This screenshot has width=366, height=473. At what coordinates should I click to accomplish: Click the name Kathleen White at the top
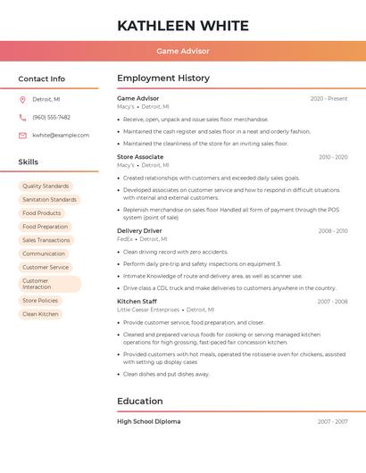(x=183, y=25)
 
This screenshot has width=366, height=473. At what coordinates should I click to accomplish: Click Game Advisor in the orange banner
(x=183, y=51)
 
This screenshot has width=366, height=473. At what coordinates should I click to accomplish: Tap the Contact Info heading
(x=42, y=79)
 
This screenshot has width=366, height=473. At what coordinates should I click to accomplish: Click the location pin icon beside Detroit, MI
(x=22, y=99)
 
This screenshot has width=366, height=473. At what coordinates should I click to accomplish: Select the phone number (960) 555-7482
(x=51, y=117)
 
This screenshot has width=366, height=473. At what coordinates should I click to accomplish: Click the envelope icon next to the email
(x=22, y=136)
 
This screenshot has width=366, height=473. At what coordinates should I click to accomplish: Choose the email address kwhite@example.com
(x=61, y=136)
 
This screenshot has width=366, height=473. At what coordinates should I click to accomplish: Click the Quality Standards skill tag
(x=46, y=187)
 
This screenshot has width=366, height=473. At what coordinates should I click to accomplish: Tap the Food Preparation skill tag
(x=46, y=227)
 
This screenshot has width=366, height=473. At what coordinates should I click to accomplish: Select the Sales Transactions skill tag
(x=46, y=240)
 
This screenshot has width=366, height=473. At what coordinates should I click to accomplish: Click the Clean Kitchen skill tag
(x=40, y=314)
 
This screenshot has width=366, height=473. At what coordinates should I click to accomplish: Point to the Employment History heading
(x=163, y=79)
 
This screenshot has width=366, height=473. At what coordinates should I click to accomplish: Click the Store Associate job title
(x=140, y=157)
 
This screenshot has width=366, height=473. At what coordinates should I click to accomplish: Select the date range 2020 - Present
(x=329, y=99)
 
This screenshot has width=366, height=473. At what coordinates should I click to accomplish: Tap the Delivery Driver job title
(x=140, y=231)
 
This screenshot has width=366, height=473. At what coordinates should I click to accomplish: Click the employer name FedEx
(x=125, y=239)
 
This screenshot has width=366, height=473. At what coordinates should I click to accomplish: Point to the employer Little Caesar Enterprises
(x=148, y=310)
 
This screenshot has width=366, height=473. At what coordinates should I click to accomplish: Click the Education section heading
(x=140, y=401)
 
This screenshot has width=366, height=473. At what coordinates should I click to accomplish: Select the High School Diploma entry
(x=149, y=421)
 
